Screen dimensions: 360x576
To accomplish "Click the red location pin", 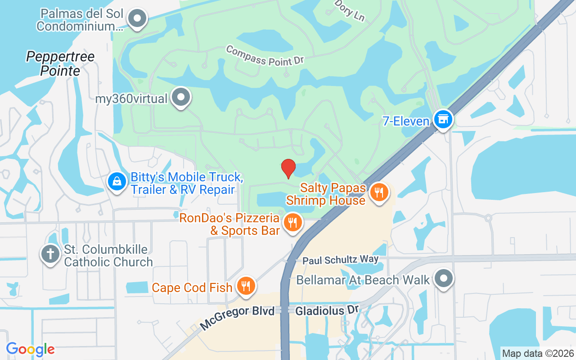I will [x=288, y=168].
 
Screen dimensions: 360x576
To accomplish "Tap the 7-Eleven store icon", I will [x=443, y=119].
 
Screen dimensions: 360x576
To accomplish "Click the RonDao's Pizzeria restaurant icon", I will [x=292, y=222].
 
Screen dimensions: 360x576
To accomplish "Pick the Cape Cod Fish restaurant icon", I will [x=246, y=286].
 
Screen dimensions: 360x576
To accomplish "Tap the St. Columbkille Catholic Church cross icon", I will [x=50, y=254].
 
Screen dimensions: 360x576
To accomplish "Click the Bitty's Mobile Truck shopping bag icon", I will [x=117, y=182].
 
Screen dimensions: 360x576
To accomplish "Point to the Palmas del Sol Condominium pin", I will [x=138, y=19].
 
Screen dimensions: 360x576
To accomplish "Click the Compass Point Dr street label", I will [x=265, y=55].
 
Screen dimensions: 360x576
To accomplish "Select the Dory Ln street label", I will [x=350, y=10].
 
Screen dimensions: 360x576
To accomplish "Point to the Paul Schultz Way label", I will [x=340, y=260].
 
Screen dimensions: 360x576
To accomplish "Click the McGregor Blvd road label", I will [x=237, y=318].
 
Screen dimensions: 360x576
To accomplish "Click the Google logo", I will [x=31, y=349].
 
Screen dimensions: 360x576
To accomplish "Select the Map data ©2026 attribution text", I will [x=538, y=353].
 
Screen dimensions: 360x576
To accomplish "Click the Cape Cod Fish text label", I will [x=192, y=288].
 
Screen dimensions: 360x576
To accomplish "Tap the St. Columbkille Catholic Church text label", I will [x=108, y=256].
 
